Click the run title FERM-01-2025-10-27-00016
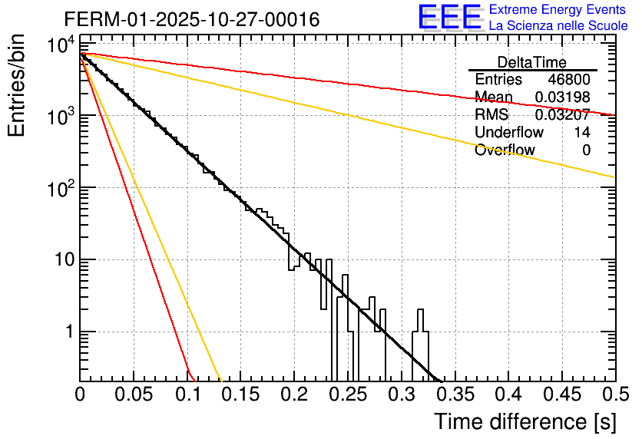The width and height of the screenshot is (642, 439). [192, 19]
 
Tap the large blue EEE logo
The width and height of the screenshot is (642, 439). [448, 17]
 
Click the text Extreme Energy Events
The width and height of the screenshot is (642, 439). [558, 10]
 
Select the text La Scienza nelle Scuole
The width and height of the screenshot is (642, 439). [558, 25]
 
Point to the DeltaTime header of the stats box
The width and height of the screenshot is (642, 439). [532, 62]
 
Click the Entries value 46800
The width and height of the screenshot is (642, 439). [569, 80]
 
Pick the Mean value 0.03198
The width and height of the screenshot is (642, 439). [562, 97]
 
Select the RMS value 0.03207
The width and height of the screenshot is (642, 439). [562, 115]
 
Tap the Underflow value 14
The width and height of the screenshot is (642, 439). [582, 133]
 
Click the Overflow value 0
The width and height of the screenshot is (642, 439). [586, 150]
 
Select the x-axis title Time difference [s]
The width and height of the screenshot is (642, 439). [525, 421]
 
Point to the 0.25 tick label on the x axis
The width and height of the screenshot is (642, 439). [347, 394]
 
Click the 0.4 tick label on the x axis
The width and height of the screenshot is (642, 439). [508, 394]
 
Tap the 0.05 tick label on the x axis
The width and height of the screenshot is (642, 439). [134, 394]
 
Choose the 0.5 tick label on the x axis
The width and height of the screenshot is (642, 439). [614, 394]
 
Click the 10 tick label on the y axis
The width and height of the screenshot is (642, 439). [59, 260]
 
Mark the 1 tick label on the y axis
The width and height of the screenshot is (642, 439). [68, 332]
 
